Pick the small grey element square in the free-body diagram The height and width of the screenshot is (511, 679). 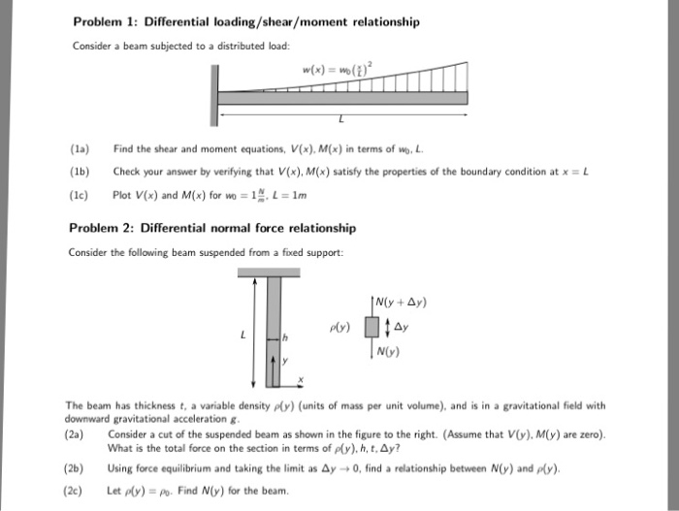click(x=369, y=326)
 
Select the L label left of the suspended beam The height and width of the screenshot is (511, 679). click(x=242, y=335)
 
